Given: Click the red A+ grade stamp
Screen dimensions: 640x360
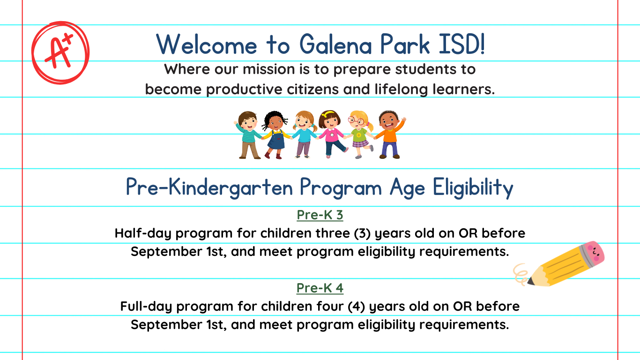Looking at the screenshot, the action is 60,52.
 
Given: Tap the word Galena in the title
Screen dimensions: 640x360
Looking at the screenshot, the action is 336,45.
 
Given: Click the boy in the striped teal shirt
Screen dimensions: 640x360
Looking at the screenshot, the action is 248,135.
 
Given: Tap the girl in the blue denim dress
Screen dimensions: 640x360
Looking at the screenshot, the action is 275,135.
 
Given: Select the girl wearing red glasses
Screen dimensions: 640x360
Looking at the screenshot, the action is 360,135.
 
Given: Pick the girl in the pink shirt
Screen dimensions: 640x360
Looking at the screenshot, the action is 331,134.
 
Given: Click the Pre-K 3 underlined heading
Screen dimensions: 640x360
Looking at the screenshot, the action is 320,215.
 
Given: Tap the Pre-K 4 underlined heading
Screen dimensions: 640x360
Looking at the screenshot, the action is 320,288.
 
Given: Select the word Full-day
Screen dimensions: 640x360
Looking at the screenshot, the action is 146,307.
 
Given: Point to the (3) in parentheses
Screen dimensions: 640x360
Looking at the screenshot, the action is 362,233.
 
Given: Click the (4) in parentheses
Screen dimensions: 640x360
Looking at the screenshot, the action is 356,307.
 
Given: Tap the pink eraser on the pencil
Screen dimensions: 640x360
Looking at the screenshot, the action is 594,252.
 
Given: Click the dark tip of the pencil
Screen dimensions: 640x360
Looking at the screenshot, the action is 530,281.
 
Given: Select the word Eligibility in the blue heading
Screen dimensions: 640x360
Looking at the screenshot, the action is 473,187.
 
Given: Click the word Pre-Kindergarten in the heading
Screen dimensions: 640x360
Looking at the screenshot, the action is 209,187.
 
